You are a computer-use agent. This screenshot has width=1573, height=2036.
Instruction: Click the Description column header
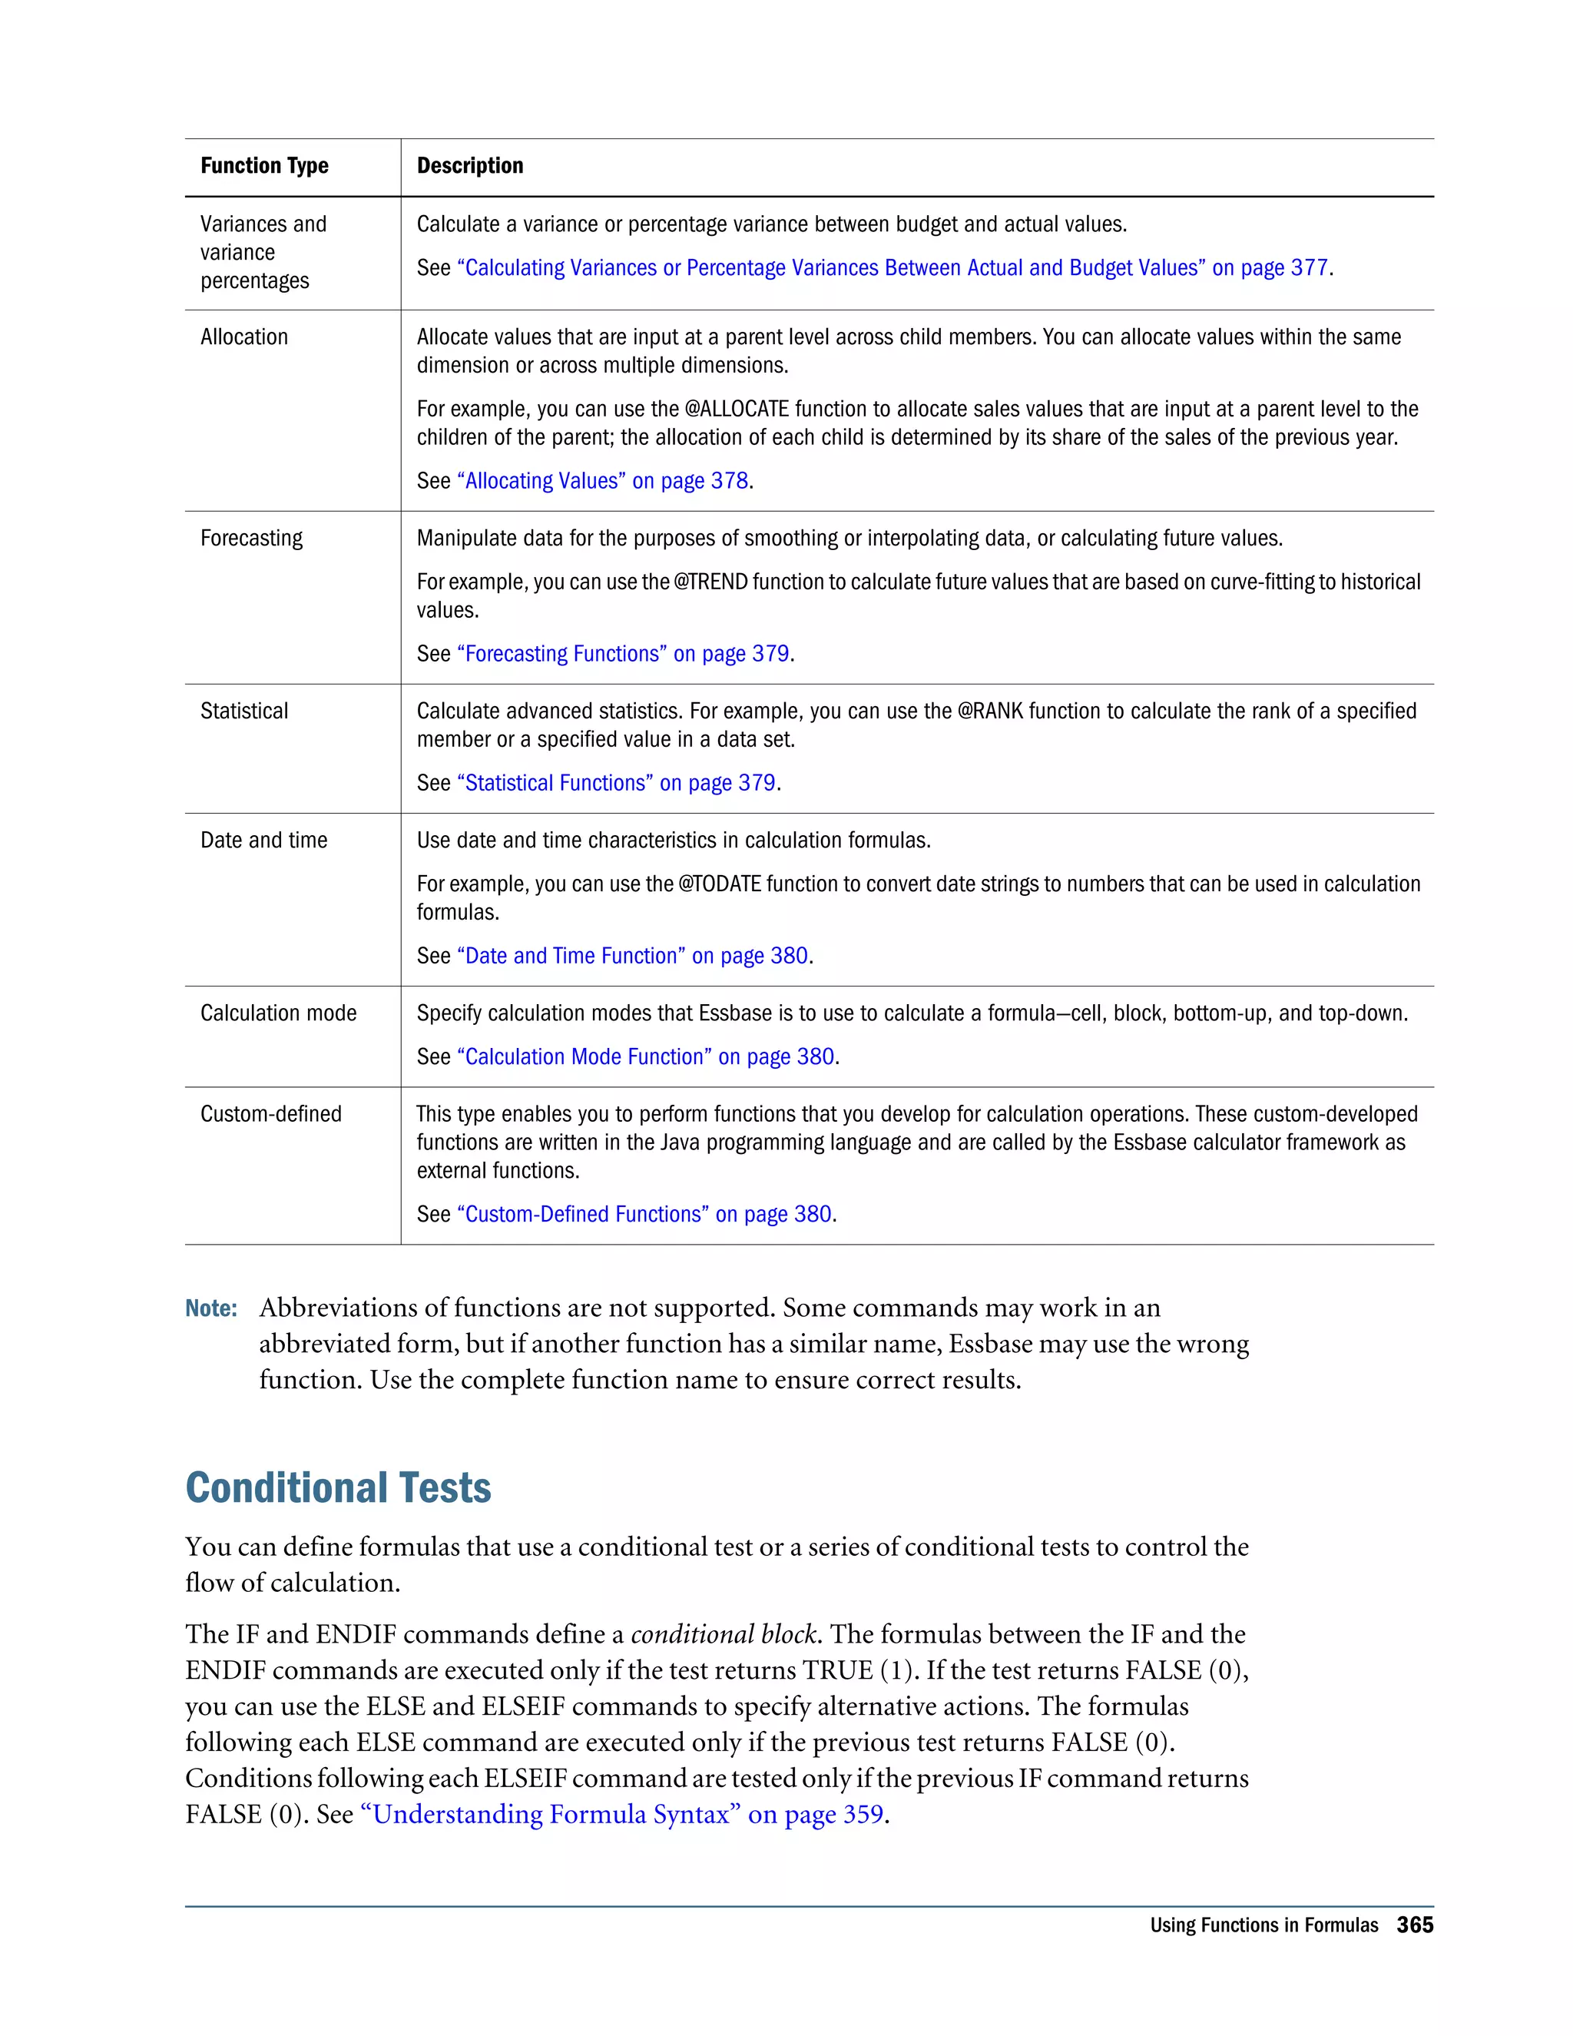pyautogui.click(x=469, y=166)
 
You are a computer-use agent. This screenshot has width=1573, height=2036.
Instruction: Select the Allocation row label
pyautogui.click(x=244, y=337)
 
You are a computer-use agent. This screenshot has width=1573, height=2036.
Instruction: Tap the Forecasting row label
pyautogui.click(x=252, y=539)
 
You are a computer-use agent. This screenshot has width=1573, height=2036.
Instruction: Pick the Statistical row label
pyautogui.click(x=244, y=711)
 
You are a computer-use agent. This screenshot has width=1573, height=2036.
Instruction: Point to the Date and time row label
pyautogui.click(x=263, y=841)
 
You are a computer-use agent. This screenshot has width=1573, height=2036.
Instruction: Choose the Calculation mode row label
pyautogui.click(x=278, y=1013)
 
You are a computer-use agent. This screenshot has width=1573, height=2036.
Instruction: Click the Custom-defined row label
pyautogui.click(x=270, y=1114)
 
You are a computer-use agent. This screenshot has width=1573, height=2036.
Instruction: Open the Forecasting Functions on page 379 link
pyautogui.click(x=624, y=655)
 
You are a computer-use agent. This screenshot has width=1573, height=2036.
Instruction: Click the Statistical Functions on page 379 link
pyautogui.click(x=617, y=783)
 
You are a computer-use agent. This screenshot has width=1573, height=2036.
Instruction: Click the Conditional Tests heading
pyautogui.click(x=337, y=1488)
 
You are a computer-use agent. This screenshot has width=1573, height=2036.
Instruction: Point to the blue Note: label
pyautogui.click(x=210, y=1309)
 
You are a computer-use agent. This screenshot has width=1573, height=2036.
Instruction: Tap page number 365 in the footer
pyautogui.click(x=1415, y=1926)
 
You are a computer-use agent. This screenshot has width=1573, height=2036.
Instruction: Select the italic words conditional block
pyautogui.click(x=724, y=1635)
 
